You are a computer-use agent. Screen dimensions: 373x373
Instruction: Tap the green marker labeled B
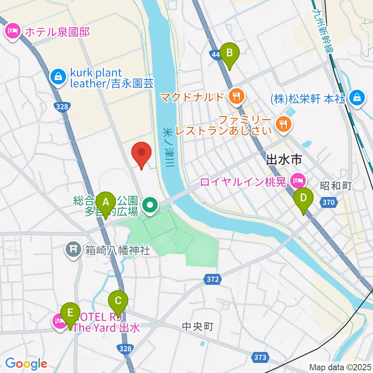coord(229,53)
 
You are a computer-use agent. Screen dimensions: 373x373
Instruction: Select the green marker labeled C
coord(118,301)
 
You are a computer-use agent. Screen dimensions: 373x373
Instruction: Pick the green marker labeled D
coord(303,198)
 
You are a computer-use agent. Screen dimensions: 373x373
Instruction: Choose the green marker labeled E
coord(70,313)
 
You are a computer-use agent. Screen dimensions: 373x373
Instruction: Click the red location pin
coord(142,153)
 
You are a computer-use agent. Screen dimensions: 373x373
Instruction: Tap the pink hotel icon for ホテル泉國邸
coord(13,31)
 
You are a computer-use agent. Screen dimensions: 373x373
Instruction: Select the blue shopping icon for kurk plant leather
coord(58,77)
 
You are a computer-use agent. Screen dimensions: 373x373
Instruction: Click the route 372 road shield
coord(212,279)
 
